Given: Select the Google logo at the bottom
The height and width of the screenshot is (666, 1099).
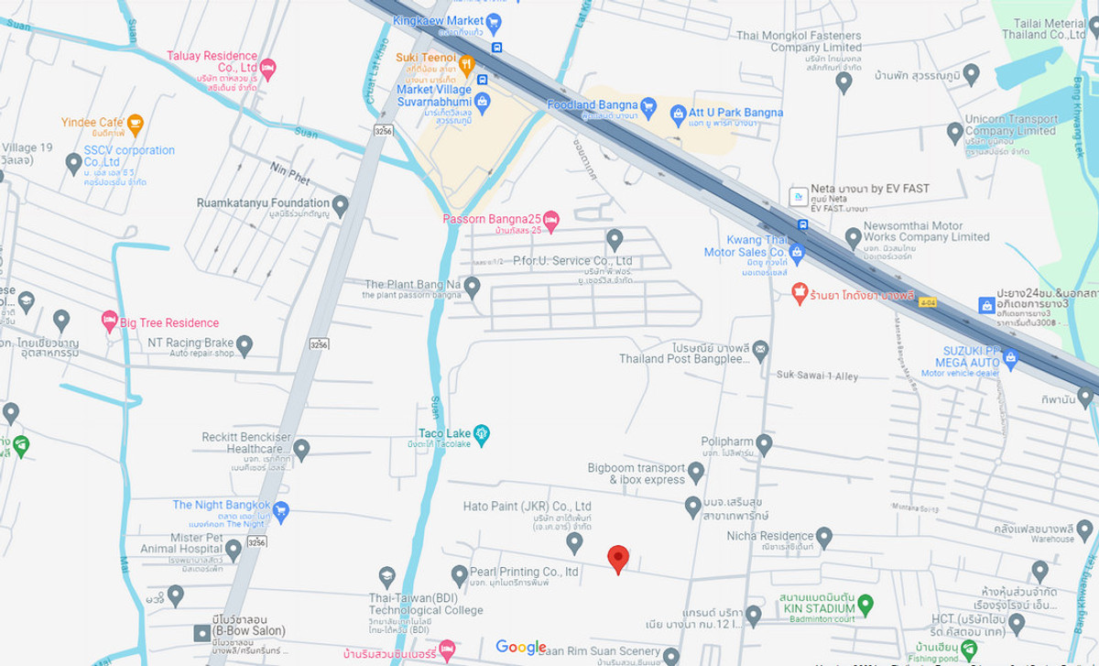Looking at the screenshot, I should (521, 648).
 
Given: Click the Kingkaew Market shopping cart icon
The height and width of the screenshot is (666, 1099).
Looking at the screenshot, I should (494, 21).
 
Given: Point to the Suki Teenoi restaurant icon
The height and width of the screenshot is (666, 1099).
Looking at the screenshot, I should (466, 63).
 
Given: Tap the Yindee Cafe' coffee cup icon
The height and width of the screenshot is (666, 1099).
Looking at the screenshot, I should (135, 123).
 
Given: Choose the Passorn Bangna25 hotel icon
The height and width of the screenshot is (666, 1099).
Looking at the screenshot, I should (550, 220).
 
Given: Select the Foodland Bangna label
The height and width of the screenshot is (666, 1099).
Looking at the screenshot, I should (591, 104).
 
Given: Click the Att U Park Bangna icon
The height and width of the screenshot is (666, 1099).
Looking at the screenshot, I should (678, 114).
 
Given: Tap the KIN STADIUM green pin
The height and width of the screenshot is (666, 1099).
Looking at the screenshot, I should (865, 604).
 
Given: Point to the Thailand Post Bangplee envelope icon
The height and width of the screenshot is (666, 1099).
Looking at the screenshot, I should (760, 350).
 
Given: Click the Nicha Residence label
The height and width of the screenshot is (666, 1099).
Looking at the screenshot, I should (769, 536).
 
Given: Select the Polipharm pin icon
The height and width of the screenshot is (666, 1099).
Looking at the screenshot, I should (764, 444).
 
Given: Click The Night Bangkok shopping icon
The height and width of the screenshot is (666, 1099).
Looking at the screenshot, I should (281, 511).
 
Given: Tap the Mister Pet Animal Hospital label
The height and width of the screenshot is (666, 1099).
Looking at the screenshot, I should (196, 543).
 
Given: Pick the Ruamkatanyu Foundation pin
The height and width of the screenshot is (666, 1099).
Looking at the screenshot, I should (340, 205).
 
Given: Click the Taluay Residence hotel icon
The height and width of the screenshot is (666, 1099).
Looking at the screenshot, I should (267, 68).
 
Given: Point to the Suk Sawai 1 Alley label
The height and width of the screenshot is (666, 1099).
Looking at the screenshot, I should (817, 375).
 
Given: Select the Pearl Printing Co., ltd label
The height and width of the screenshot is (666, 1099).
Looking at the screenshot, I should (524, 572).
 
